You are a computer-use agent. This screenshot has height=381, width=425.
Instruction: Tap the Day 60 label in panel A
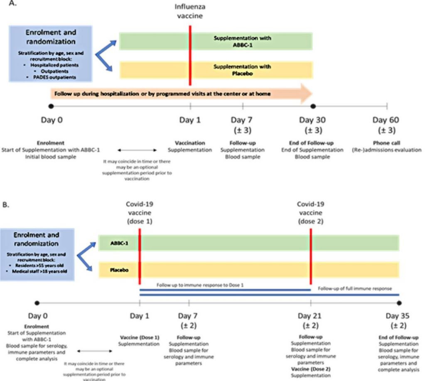click(x=387, y=120)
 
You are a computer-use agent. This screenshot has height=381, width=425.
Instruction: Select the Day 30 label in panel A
click(x=313, y=120)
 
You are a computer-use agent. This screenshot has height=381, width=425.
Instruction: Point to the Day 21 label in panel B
click(x=311, y=317)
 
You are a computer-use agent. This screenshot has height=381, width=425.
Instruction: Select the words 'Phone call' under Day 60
click(x=387, y=142)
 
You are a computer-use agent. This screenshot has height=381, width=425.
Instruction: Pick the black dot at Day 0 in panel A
click(x=51, y=106)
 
